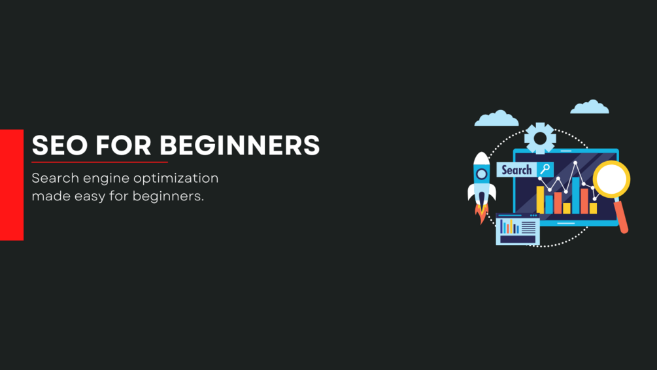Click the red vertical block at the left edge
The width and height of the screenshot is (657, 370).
point(12,185)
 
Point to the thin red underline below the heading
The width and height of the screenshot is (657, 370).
point(99,162)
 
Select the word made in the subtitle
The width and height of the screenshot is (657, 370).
point(46,196)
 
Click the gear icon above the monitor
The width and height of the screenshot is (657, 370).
point(540,138)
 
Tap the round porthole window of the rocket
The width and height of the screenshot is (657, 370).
point(482,174)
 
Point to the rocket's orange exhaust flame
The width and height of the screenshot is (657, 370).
point(482,213)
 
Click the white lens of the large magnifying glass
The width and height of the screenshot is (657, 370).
point(612,179)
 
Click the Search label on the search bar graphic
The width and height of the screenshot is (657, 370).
point(516,170)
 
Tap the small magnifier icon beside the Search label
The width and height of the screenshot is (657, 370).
point(545,170)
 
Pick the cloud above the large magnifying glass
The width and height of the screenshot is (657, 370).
point(590,107)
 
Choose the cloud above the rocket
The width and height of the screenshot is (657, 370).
point(496,119)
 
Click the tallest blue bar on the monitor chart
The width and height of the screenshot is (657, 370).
point(576,194)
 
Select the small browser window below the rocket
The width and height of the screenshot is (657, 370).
point(518,229)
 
